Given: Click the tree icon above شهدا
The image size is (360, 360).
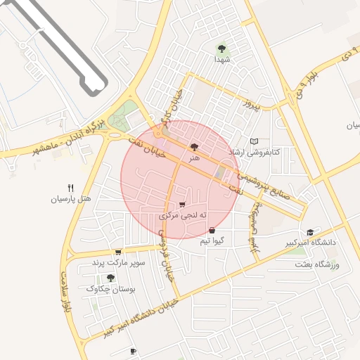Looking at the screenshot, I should pyautogui.click(x=222, y=49).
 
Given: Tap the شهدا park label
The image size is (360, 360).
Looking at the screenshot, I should pyautogui.click(x=222, y=60).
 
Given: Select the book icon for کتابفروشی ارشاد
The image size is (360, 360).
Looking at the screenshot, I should pyautogui.click(x=255, y=141).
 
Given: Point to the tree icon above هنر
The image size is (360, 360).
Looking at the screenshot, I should pyautogui.click(x=194, y=147).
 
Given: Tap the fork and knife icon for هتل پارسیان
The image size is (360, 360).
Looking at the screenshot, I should pyautogui.click(x=70, y=188).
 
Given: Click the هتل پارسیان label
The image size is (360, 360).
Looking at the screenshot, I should pyautogui.click(x=70, y=199).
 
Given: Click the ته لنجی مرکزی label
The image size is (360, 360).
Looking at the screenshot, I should pyautogui.click(x=184, y=215).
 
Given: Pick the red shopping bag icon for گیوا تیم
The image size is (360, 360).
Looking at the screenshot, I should pyautogui.click(x=212, y=230).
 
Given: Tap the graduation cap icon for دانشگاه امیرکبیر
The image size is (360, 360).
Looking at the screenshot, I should pyautogui.click(x=310, y=232).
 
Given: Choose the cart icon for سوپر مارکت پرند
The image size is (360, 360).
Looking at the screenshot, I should pyautogui.click(x=118, y=252).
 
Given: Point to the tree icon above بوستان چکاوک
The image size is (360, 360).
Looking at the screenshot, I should pyautogui.click(x=110, y=278).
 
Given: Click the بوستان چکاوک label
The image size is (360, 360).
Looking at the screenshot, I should pyautogui.click(x=110, y=289).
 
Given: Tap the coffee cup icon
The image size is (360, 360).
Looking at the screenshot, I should pyautogui.click(x=133, y=351).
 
